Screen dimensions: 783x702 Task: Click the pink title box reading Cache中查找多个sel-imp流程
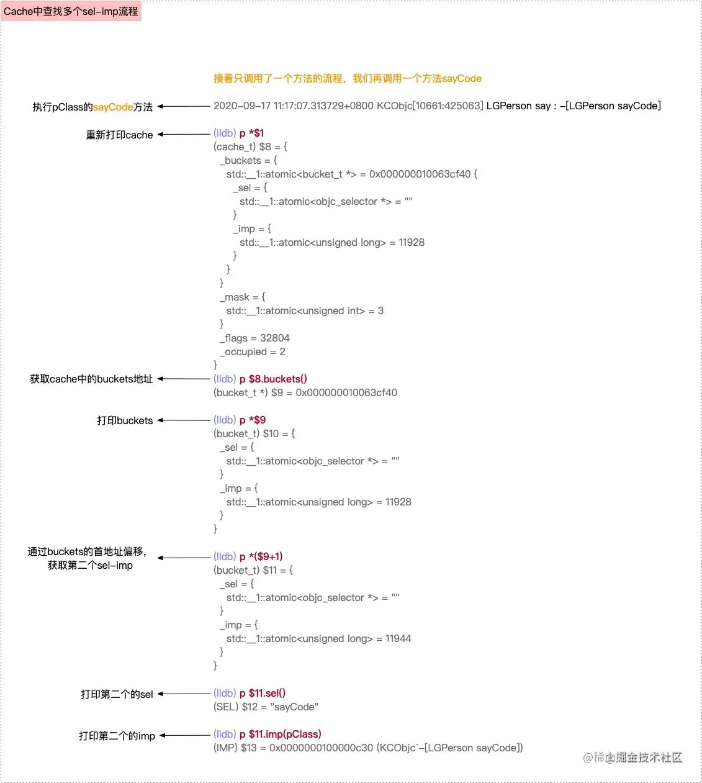pos(71,11)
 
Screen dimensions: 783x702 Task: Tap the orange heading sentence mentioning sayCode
pos(347,78)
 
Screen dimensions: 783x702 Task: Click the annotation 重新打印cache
pos(119,135)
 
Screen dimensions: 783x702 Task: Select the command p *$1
pos(251,133)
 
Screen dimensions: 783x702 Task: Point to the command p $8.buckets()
pos(273,379)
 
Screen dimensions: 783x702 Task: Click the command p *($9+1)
pos(261,556)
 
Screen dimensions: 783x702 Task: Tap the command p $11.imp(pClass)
pos(280,734)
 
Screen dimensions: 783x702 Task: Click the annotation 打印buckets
pos(125,420)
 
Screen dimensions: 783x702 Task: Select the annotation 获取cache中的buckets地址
pos(91,379)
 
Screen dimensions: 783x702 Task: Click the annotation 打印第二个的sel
pos(117,694)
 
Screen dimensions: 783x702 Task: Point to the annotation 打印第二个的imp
pos(117,736)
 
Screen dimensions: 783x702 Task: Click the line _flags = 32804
pos(254,338)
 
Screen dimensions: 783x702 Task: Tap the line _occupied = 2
pos(253,351)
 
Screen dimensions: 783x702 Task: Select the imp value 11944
pos(398,638)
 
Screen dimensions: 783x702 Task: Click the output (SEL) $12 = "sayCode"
pos(266,707)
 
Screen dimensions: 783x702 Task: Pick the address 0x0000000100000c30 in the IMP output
pos(321,748)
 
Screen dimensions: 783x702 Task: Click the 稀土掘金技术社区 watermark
pos(633,757)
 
